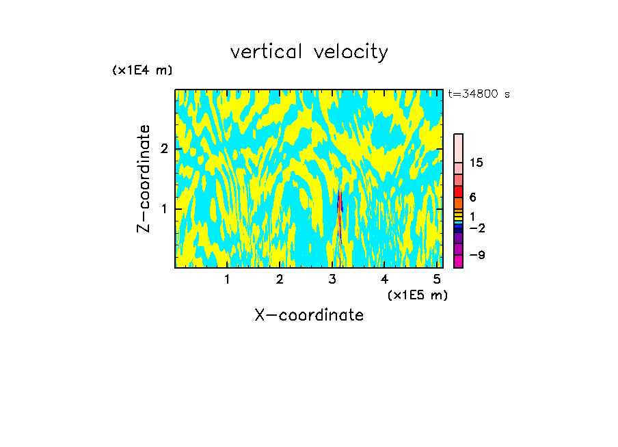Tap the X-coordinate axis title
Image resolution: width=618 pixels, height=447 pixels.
point(309,315)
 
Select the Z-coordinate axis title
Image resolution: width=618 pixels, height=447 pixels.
point(144,178)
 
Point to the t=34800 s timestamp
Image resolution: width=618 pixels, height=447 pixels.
point(479,94)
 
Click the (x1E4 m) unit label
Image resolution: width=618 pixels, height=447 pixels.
point(142,70)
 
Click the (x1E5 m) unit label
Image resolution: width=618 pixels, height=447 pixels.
point(417,295)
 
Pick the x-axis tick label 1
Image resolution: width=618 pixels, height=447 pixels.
point(227,279)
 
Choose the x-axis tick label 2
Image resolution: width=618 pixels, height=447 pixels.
point(280,279)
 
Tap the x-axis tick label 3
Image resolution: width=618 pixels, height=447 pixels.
point(332,279)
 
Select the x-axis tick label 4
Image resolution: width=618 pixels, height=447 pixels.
point(384,279)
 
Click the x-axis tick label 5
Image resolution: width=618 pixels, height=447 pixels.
point(437,279)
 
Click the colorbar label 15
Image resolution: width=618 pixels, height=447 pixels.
point(476,163)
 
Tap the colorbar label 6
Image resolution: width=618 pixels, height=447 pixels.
point(472,198)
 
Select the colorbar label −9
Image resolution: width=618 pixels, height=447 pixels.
point(476,255)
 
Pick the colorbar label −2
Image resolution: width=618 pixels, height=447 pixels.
point(476,228)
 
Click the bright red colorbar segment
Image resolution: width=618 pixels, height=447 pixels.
point(459,191)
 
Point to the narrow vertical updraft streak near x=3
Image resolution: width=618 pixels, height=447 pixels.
point(339,219)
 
